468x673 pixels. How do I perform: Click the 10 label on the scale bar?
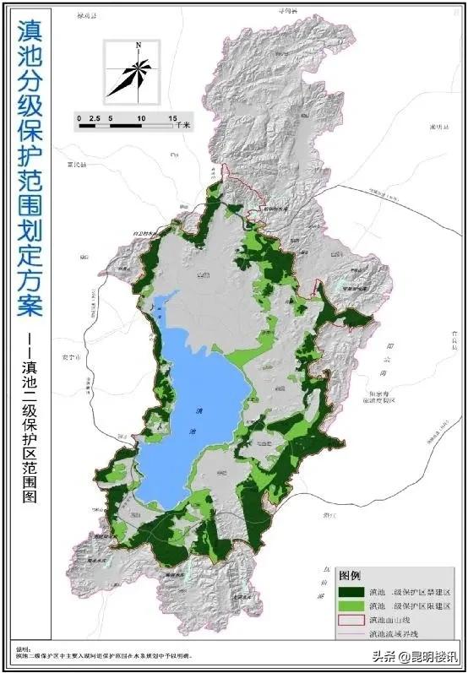click(x=140, y=117)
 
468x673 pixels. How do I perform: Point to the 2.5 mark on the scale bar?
click(x=95, y=117)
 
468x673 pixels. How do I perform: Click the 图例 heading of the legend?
click(x=351, y=575)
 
